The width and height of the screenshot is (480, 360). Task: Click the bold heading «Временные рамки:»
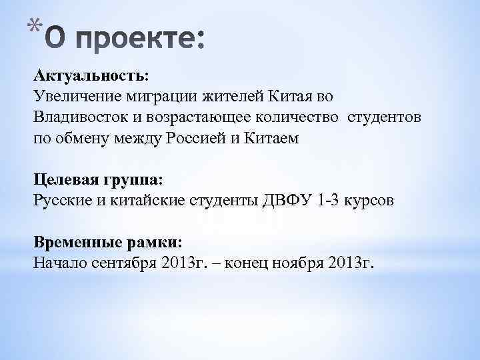[108, 241]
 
